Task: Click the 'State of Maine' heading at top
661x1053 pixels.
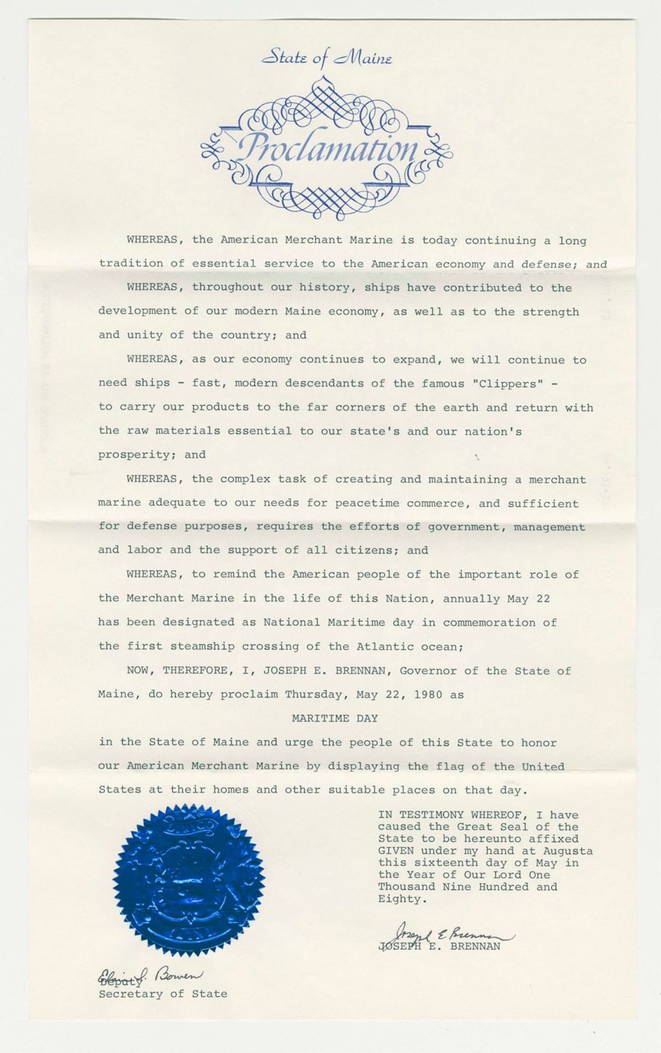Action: click(327, 59)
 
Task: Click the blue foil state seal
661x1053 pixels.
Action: click(189, 879)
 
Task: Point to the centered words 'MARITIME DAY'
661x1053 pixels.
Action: click(334, 718)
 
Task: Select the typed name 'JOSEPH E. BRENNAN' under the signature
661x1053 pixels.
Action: click(439, 947)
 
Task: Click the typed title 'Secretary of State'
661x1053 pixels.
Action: click(163, 994)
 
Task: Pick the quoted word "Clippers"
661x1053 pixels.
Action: click(508, 384)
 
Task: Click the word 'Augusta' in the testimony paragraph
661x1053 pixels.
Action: click(568, 851)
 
